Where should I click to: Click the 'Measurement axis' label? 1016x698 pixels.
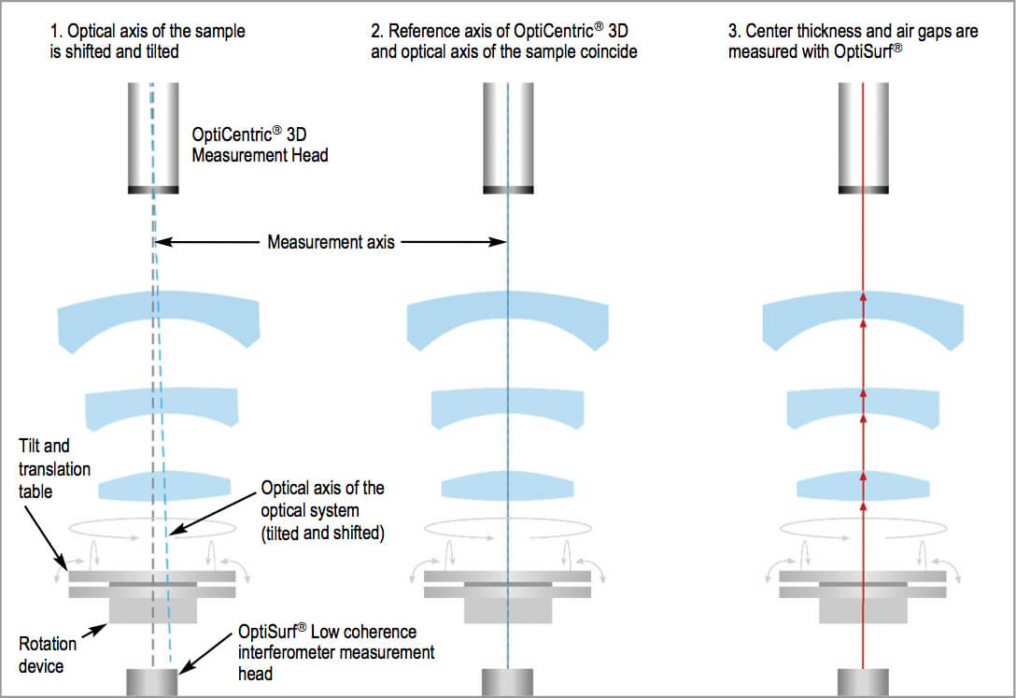[x=331, y=242]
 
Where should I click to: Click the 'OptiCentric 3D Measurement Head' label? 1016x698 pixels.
[x=260, y=145]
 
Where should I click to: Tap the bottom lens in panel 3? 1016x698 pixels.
[x=863, y=487]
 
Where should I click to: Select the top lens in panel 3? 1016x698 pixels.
[x=863, y=318]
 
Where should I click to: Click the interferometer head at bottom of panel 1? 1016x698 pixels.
[x=153, y=682]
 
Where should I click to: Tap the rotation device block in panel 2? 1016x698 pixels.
[x=507, y=609]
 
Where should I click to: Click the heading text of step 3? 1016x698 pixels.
[x=853, y=41]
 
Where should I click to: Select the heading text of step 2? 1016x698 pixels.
[x=504, y=41]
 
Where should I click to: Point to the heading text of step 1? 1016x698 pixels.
[x=147, y=41]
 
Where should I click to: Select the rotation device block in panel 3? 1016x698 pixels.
[x=863, y=609]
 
